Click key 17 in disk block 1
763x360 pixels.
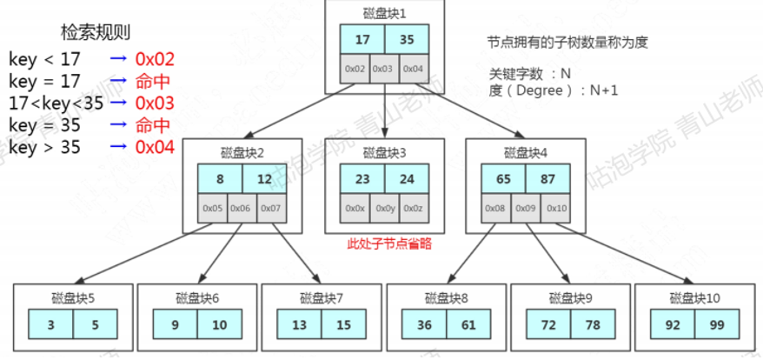click(362, 40)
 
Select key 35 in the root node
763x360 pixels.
click(407, 40)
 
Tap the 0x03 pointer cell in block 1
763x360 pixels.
click(384, 69)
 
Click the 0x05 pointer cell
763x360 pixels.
click(213, 209)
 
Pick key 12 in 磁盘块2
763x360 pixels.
click(264, 179)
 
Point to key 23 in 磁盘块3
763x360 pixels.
click(363, 179)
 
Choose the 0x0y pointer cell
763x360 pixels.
click(384, 209)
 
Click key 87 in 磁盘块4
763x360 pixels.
click(548, 179)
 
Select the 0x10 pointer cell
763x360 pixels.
click(556, 209)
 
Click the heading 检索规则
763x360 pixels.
click(95, 33)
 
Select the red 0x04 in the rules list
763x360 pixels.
click(155, 148)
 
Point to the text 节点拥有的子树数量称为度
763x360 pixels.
click(568, 42)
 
